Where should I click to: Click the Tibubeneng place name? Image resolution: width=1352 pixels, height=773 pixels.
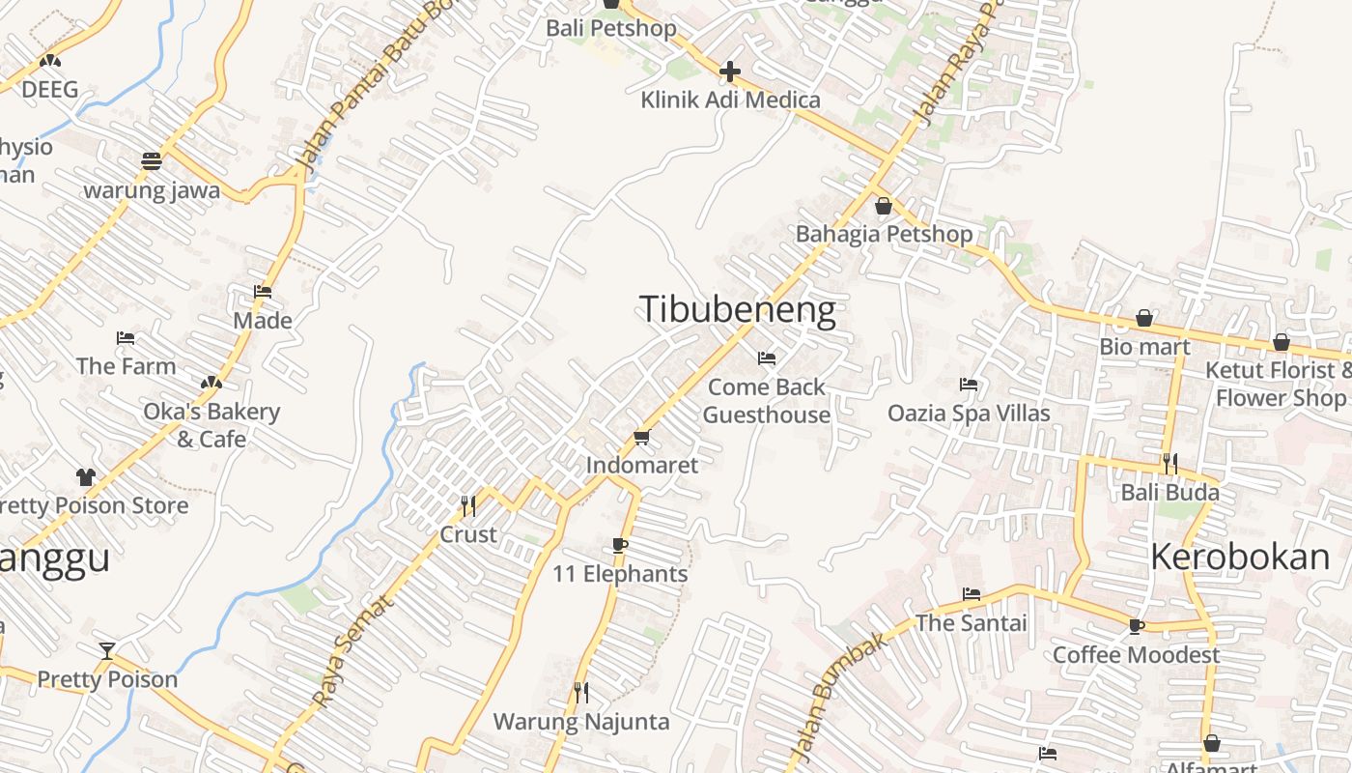[x=738, y=309]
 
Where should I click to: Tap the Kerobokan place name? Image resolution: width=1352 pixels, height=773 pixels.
[x=1240, y=557]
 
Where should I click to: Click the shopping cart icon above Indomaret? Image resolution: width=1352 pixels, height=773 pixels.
[x=642, y=438]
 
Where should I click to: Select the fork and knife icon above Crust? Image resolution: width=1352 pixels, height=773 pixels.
[x=468, y=505]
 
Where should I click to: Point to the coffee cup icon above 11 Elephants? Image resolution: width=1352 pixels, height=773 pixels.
[x=620, y=546]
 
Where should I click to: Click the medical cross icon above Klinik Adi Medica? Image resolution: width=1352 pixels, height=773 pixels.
[x=730, y=72]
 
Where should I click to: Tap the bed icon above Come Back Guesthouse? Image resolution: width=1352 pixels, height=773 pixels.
[x=767, y=358]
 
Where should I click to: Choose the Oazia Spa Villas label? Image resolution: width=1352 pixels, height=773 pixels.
[x=969, y=414]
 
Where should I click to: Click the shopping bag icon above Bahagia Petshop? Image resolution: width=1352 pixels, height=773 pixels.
[x=883, y=206]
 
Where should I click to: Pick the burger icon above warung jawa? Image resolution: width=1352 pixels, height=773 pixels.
[x=152, y=161]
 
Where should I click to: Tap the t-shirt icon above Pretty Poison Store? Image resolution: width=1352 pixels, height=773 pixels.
[x=86, y=476]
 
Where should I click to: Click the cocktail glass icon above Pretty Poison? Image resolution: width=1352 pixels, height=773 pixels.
[x=107, y=650]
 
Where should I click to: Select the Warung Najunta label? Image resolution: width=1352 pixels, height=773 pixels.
[x=581, y=722]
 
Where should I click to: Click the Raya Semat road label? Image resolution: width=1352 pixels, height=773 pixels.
[x=353, y=650]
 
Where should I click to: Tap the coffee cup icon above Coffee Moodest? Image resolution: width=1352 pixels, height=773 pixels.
[x=1137, y=626]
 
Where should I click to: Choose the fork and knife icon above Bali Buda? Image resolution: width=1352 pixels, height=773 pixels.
[x=1169, y=464]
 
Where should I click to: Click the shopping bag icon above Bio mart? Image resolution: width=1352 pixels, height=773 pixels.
[x=1144, y=318]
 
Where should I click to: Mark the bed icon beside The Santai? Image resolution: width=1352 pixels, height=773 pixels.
[x=971, y=594]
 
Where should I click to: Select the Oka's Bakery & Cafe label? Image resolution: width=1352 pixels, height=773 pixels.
[x=211, y=425]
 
